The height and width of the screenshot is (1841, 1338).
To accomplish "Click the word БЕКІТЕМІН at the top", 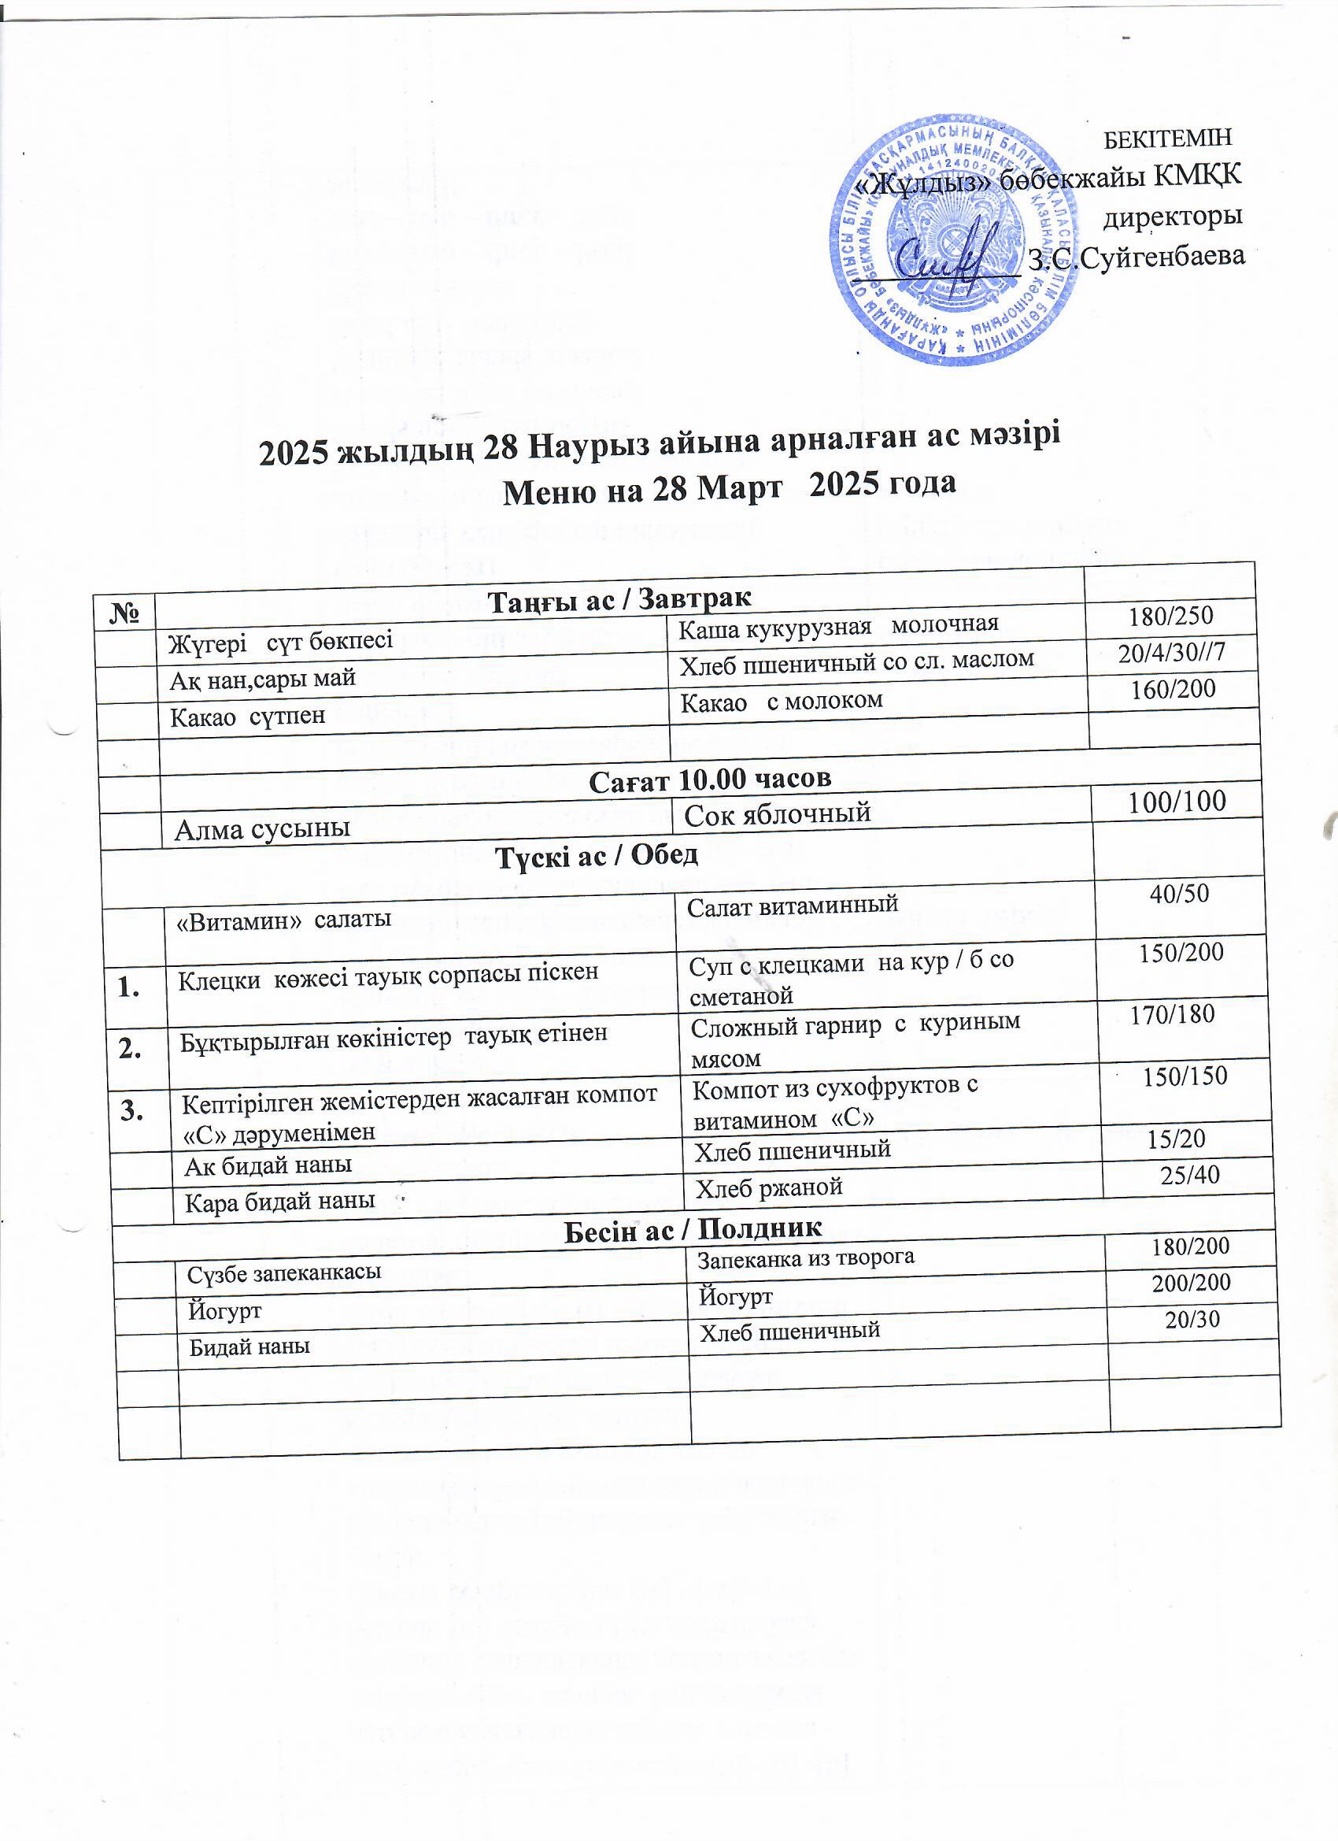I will pos(1169,138).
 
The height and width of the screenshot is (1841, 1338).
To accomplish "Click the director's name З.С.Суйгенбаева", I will pos(1136,257).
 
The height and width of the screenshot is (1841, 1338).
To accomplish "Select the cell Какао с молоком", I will pos(781,701).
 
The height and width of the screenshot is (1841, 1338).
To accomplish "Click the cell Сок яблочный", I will pos(777,813).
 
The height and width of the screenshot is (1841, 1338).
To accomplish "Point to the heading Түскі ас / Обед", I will pos(597,855).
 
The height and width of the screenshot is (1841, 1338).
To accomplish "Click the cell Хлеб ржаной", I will pos(768,1187).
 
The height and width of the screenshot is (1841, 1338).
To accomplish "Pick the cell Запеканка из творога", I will pos(806,1258).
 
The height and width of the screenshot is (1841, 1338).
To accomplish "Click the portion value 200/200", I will pos(1191,1283).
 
